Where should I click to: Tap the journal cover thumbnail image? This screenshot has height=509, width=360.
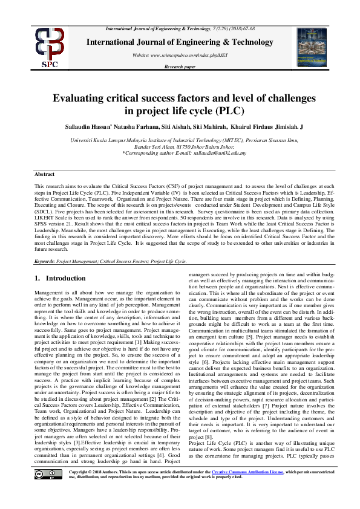[316, 47]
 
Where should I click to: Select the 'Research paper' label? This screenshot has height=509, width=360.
[180, 66]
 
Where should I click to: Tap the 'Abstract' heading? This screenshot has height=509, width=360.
[44, 174]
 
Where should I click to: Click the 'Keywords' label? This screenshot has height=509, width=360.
[45, 261]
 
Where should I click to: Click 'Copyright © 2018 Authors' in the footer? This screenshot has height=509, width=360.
[102, 485]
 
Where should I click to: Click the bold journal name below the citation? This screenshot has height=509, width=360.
[180, 42]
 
